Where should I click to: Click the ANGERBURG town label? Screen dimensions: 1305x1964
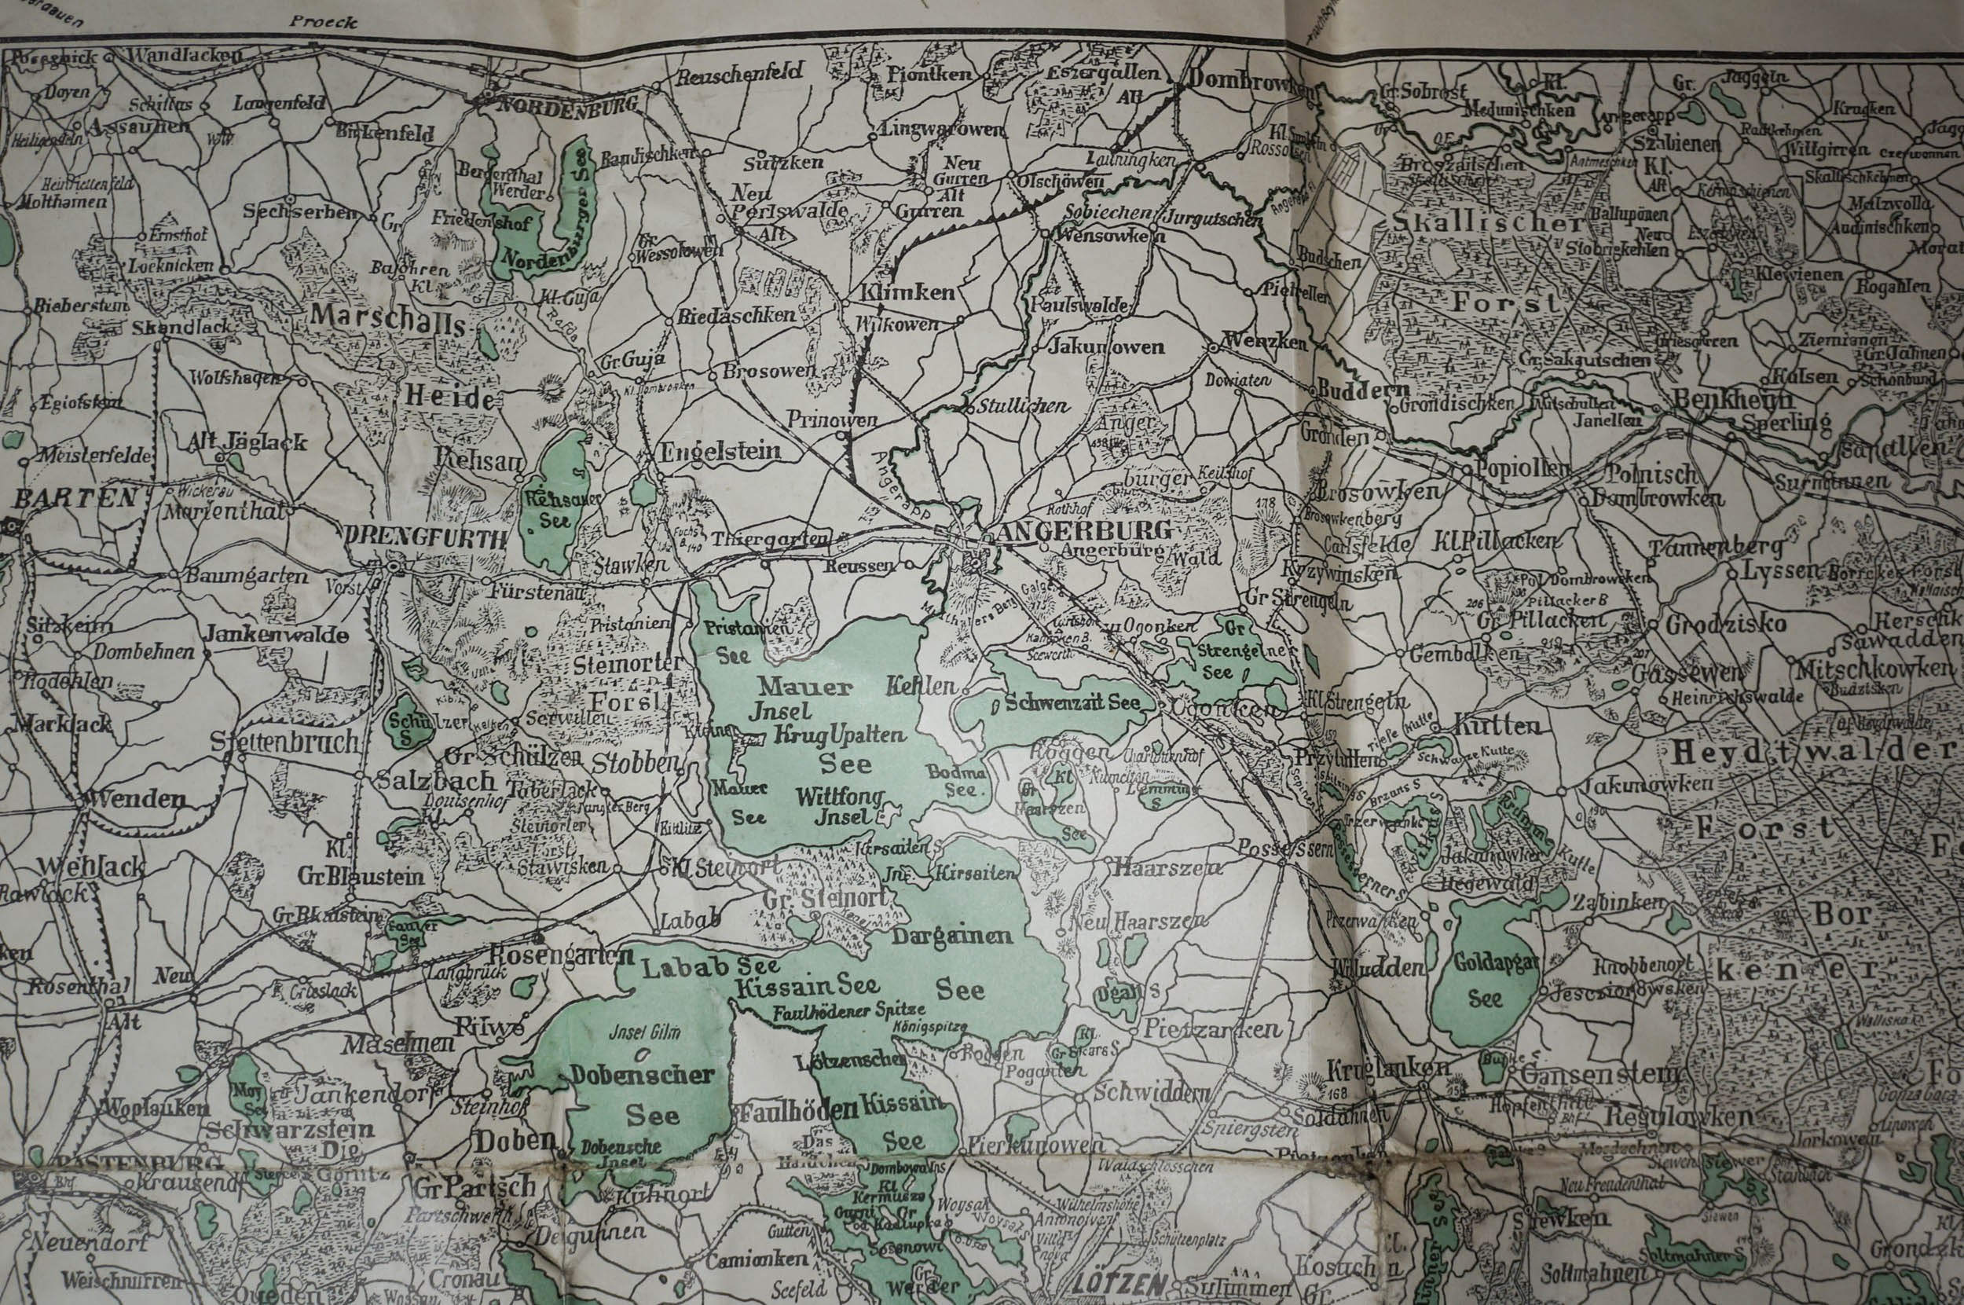coord(1088,531)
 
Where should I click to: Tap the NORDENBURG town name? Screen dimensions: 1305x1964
coord(567,104)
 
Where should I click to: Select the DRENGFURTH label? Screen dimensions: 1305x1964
coord(424,539)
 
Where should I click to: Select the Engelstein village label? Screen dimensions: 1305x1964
coord(720,452)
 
